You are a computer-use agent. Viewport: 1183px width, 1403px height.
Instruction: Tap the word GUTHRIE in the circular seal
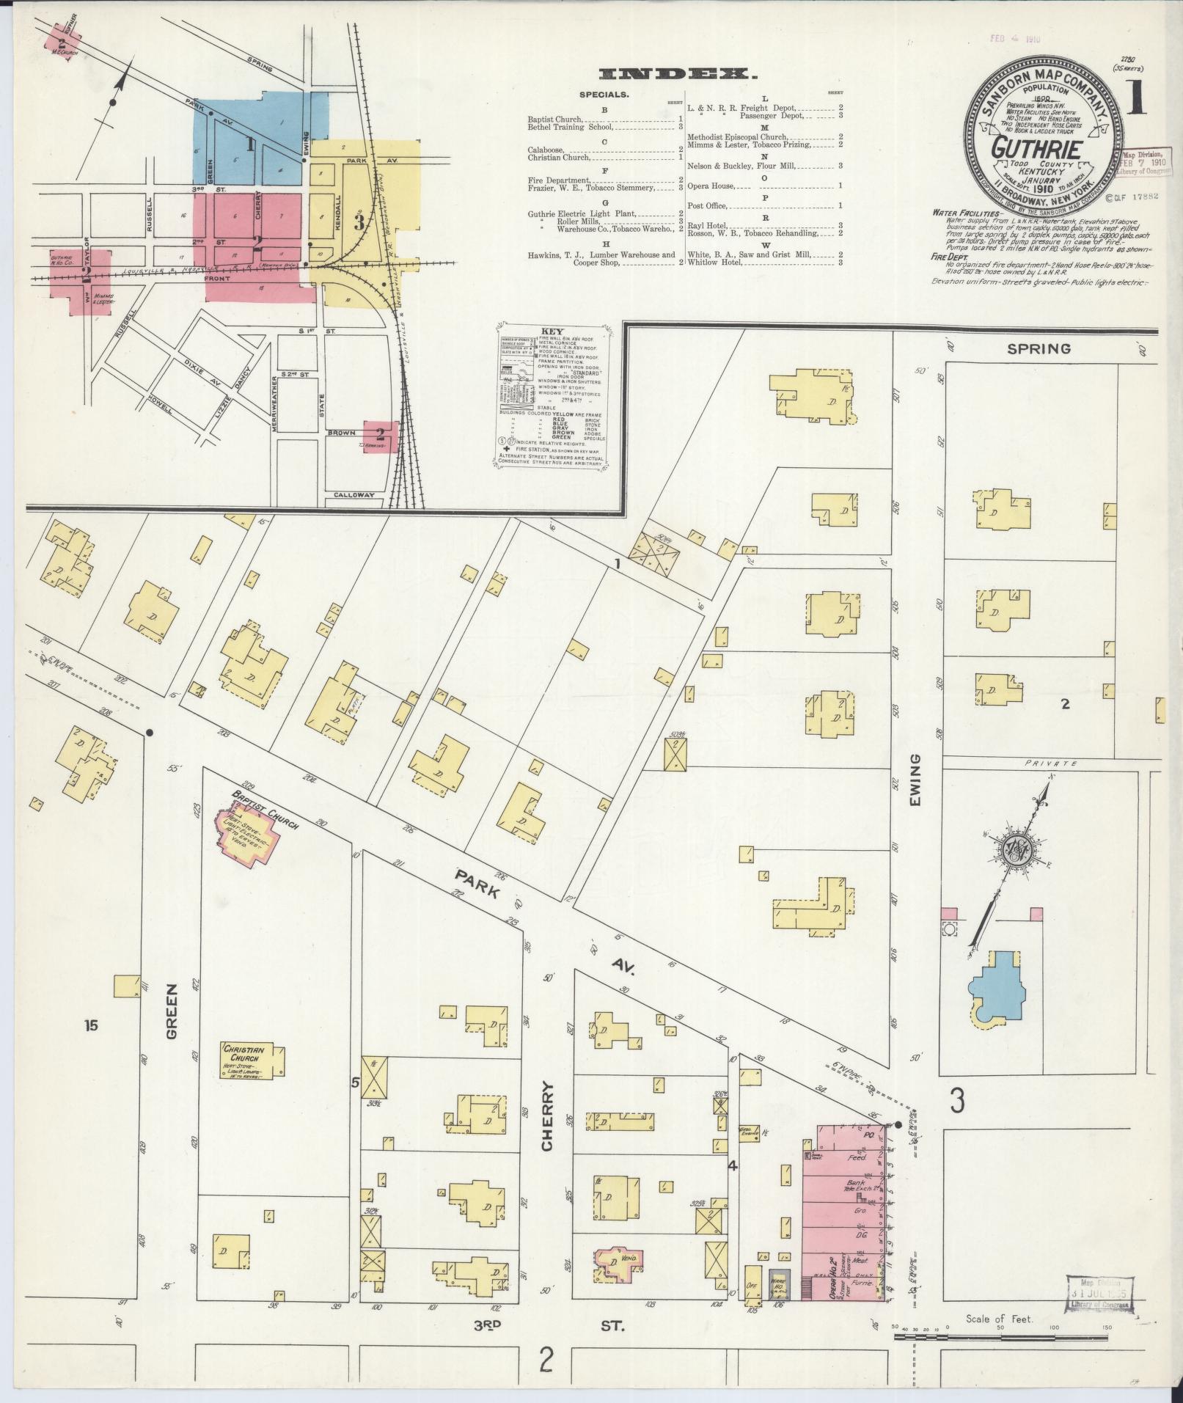click(1028, 147)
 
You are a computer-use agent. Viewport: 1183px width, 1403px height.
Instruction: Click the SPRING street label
click(1039, 349)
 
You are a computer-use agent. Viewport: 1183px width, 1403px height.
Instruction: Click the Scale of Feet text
click(999, 1318)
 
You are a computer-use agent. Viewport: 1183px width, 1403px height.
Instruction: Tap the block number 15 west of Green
click(90, 1025)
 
